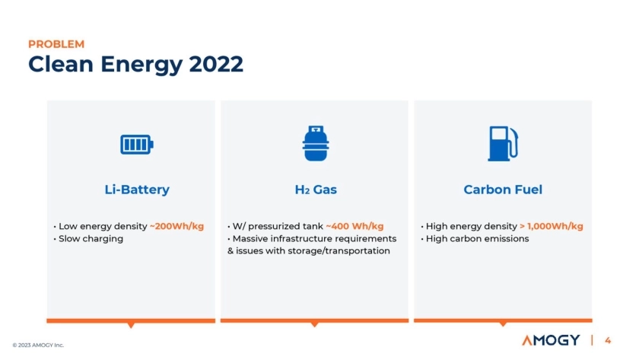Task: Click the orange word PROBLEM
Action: click(x=56, y=44)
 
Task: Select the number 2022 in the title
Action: click(x=216, y=64)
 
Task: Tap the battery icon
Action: click(x=137, y=145)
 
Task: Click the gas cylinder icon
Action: click(x=316, y=143)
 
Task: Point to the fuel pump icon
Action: click(x=503, y=144)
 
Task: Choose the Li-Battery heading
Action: click(x=137, y=190)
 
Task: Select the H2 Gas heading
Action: click(x=316, y=190)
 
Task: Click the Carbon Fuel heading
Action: click(x=503, y=190)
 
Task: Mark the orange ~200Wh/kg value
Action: click(x=176, y=226)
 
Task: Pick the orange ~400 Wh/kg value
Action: click(x=355, y=226)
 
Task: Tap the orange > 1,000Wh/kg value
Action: click(x=552, y=226)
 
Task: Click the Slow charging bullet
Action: click(x=91, y=238)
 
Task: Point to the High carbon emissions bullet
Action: click(x=477, y=238)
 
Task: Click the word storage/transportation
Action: click(x=339, y=250)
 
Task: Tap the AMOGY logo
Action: click(x=551, y=340)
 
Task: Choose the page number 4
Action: click(x=608, y=340)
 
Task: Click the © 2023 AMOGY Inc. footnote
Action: click(x=38, y=345)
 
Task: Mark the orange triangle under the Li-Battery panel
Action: click(x=131, y=325)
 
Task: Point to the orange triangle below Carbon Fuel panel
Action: click(x=503, y=324)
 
